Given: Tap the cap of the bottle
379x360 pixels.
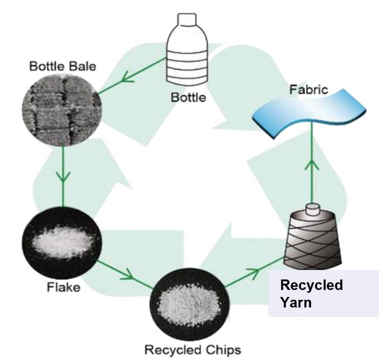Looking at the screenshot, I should coord(188,19).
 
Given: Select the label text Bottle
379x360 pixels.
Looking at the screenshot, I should coord(189,98).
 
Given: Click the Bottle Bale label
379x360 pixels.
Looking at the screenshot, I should coord(63,66).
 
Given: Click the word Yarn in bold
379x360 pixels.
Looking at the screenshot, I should coord(296,302).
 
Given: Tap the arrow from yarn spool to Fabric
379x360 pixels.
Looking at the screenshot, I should coord(311,166).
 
